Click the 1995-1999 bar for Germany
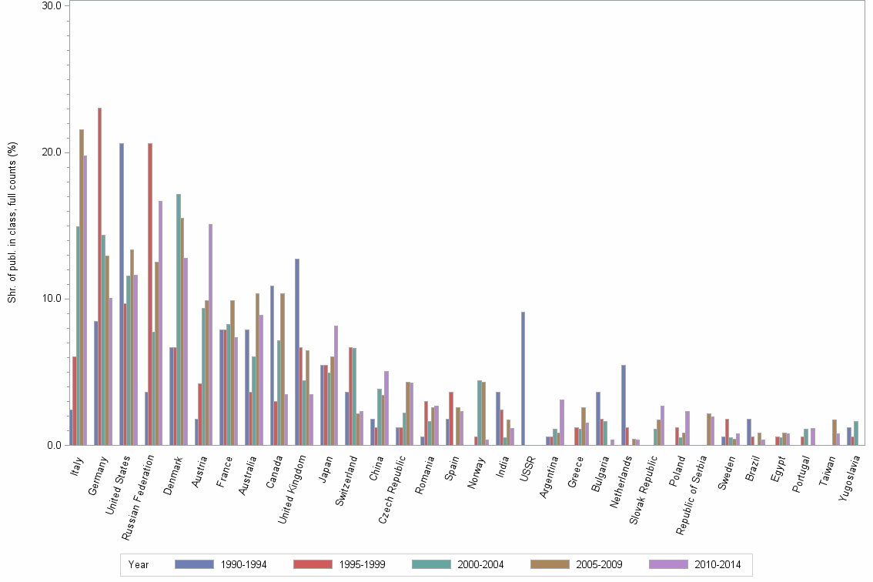tap(99, 276)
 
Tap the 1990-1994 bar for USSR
tap(523, 378)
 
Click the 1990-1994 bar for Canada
tap(272, 365)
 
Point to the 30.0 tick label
tap(52, 5)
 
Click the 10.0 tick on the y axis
tap(52, 299)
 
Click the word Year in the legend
tap(139, 565)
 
